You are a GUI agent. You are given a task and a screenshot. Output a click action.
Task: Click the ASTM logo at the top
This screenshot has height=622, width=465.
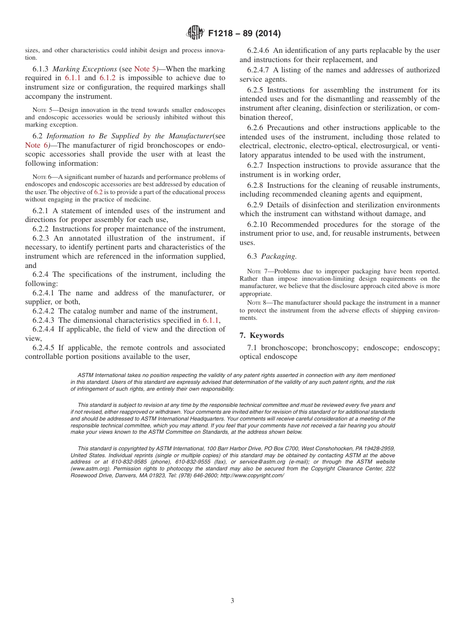click(196, 33)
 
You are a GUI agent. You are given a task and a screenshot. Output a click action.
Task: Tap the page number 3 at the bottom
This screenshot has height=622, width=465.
click(232, 601)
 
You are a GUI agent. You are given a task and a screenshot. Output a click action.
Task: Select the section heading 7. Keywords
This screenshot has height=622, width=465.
click(261, 335)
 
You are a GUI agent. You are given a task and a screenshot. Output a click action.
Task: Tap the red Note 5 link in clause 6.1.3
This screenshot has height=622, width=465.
click(145, 69)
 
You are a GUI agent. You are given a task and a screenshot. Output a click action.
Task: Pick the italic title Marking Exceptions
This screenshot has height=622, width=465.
click(84, 69)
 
